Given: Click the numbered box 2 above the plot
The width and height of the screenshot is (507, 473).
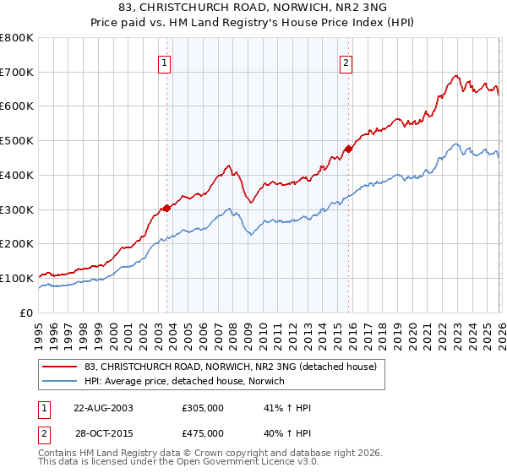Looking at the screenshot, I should tap(347, 62).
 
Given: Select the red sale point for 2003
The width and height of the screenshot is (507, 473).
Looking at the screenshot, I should tap(166, 207).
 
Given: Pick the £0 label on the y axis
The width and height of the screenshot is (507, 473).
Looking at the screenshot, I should tap(25, 313).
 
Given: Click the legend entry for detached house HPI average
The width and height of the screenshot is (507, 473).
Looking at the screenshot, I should tap(184, 381).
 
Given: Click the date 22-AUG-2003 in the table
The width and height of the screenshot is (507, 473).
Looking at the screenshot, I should tap(104, 408).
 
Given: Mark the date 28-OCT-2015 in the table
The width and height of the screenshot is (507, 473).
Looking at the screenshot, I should tap(104, 435).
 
